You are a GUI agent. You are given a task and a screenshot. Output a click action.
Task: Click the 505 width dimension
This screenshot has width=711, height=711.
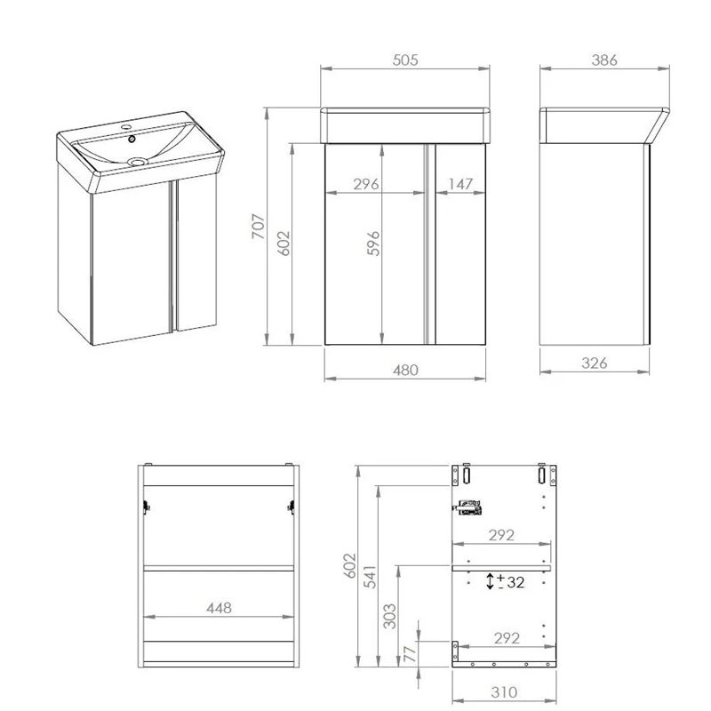(x=405, y=60)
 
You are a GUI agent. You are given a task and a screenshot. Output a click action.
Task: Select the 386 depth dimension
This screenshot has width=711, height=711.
(x=604, y=60)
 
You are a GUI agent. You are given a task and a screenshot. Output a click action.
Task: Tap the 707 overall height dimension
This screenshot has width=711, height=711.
(x=259, y=227)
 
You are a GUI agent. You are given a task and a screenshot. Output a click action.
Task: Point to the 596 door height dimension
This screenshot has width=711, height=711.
(x=373, y=244)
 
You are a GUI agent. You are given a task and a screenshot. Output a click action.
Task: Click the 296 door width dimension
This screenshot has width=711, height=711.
(x=366, y=184)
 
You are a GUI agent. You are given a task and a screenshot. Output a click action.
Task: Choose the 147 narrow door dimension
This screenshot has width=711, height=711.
(x=460, y=184)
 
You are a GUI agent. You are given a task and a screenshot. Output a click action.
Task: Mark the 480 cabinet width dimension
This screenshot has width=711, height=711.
(x=405, y=371)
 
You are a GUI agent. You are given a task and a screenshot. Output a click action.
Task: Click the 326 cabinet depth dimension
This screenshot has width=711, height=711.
(x=594, y=363)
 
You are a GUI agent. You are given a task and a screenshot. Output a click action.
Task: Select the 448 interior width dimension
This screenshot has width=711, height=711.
(x=219, y=608)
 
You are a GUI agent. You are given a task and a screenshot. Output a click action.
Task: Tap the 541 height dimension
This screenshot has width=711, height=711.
(x=371, y=577)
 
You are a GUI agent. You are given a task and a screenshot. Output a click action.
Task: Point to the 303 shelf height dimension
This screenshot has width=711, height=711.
(x=389, y=616)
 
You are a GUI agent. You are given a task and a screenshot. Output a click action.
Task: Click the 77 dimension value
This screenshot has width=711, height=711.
(x=410, y=654)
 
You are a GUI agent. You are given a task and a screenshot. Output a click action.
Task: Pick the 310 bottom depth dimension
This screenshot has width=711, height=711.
(x=504, y=692)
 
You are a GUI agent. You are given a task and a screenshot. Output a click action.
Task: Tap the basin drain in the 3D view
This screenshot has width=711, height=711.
(x=138, y=161)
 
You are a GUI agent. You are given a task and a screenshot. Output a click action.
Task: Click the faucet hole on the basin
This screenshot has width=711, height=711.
(x=126, y=127)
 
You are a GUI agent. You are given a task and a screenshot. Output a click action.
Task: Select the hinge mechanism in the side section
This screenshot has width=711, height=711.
(x=469, y=507)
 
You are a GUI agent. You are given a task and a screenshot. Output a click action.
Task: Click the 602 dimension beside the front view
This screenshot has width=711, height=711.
(x=284, y=244)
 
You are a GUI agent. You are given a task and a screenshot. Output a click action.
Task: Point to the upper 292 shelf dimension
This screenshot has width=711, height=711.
(x=501, y=536)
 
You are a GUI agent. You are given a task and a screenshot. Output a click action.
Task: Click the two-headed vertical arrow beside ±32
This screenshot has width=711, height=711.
(x=490, y=581)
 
